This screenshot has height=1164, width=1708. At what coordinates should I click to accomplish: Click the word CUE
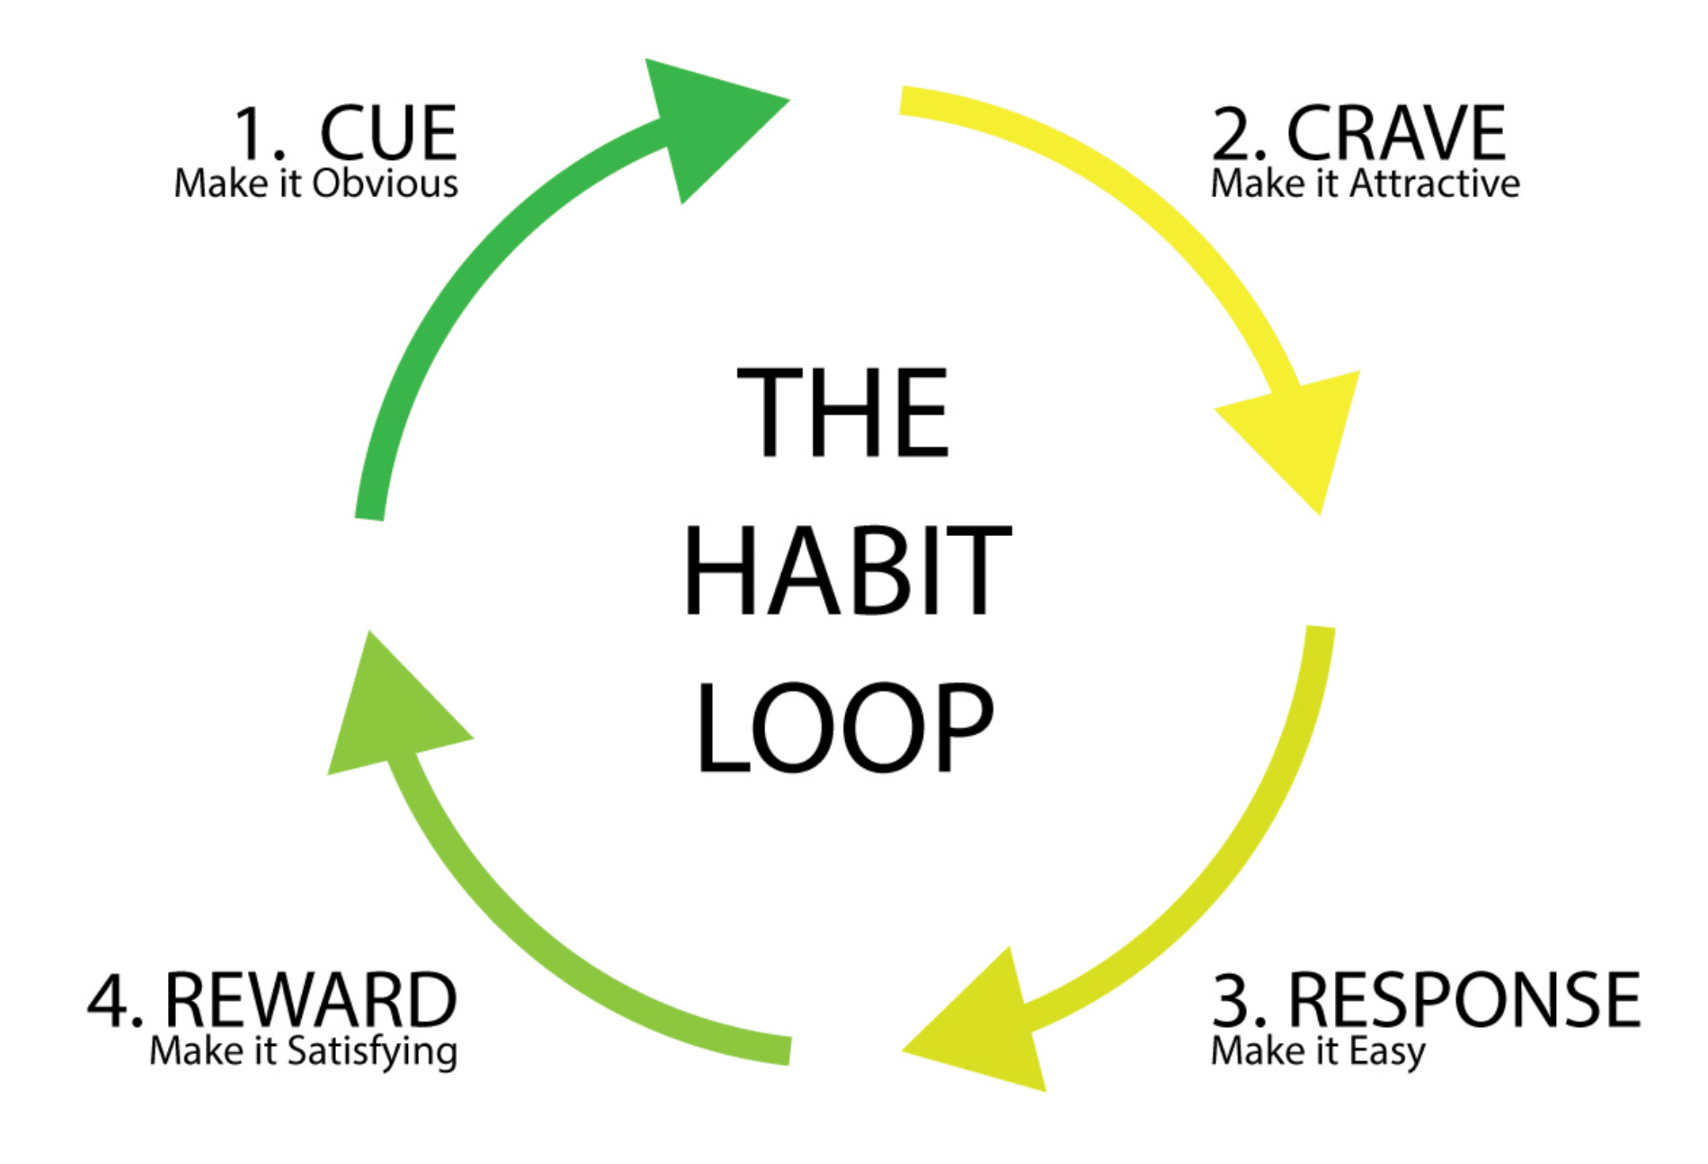388,133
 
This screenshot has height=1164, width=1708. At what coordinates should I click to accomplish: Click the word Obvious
385,184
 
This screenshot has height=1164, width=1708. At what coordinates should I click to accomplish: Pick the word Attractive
1435,184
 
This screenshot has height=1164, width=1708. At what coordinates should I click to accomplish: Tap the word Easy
1387,1052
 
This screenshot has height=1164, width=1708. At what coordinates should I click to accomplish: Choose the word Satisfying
372,1052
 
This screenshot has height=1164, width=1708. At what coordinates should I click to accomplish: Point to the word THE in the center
843,413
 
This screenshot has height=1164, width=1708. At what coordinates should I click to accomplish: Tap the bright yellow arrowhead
1303,432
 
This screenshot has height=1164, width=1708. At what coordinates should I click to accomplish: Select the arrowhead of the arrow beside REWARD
388,713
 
